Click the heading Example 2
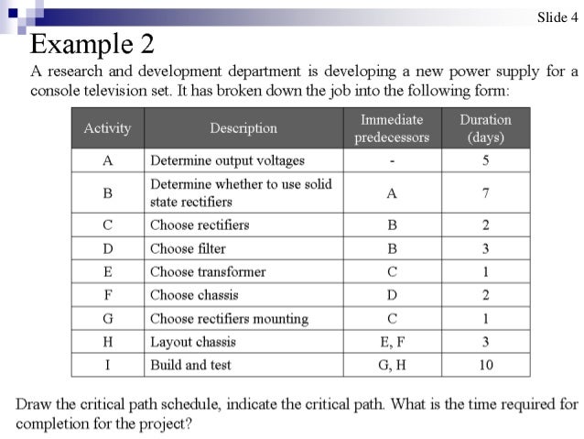[92, 43]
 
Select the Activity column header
[107, 128]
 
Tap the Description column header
[243, 128]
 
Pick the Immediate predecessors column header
[392, 128]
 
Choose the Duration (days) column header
[485, 128]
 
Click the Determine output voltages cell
[227, 160]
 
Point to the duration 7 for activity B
[485, 192]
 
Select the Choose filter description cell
[188, 248]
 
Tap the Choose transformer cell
[208, 272]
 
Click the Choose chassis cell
[194, 295]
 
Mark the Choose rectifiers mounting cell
[229, 319]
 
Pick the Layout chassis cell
[193, 342]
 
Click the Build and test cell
[190, 365]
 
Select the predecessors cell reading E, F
[392, 342]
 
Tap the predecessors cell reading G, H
[392, 365]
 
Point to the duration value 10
[485, 365]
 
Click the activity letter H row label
[107, 342]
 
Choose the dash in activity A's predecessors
[392, 160]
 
